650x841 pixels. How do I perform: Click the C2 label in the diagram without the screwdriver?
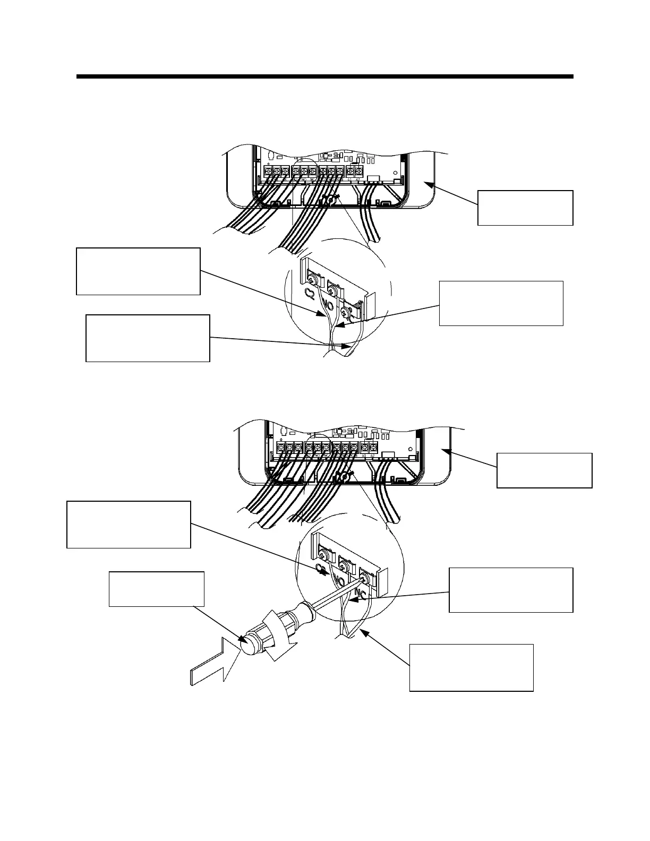tap(308, 293)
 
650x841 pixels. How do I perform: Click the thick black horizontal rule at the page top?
tap(325, 76)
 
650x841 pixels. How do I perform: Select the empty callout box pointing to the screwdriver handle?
tap(156, 589)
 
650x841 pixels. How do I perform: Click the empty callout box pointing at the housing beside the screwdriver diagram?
tap(544, 470)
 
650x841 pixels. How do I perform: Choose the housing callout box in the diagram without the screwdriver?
tap(525, 208)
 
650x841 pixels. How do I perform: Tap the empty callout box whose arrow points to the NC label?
tap(510, 590)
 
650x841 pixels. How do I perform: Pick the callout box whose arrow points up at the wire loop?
tap(471, 667)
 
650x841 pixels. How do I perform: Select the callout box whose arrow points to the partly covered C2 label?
tap(129, 524)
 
